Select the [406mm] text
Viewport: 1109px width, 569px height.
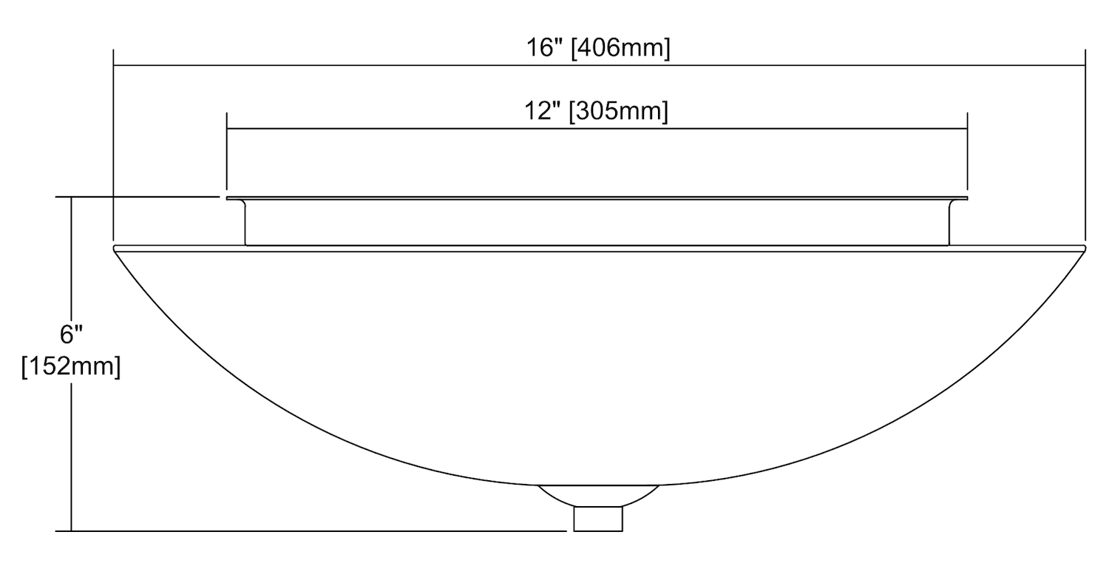pyautogui.click(x=621, y=49)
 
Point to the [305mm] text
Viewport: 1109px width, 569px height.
pyautogui.click(x=619, y=112)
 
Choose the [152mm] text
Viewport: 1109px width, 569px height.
pyautogui.click(x=71, y=367)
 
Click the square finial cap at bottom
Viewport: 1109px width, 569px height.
pyautogui.click(x=598, y=519)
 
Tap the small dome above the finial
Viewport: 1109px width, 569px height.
pyautogui.click(x=599, y=496)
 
